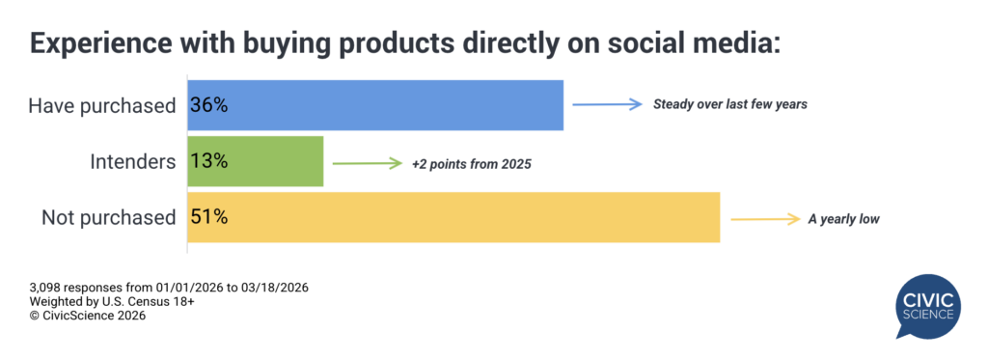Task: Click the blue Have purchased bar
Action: tap(375, 105)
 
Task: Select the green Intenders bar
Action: tap(255, 161)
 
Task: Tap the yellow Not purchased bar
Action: tap(453, 217)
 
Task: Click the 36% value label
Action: tap(208, 105)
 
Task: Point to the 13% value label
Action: tap(208, 161)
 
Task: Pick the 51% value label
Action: tap(208, 217)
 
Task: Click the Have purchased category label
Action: tap(102, 106)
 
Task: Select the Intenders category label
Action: tap(132, 162)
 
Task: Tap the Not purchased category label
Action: tap(108, 218)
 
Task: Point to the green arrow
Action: tap(368, 164)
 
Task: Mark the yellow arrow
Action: tap(764, 220)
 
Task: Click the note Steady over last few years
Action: tap(730, 104)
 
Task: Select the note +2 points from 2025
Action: tap(472, 164)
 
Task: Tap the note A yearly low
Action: tap(843, 220)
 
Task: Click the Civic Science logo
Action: tap(929, 306)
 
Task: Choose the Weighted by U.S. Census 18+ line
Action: tap(112, 302)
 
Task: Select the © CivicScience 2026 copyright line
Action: tap(88, 316)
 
